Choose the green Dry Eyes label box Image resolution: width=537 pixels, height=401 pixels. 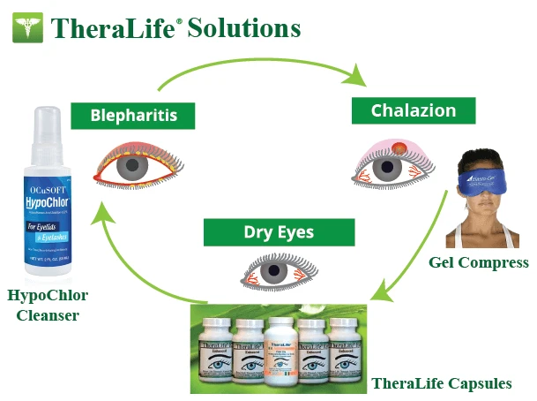[x=279, y=233]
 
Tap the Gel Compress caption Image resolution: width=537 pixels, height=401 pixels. [x=479, y=262]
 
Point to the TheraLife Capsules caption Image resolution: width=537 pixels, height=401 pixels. [x=441, y=383]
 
